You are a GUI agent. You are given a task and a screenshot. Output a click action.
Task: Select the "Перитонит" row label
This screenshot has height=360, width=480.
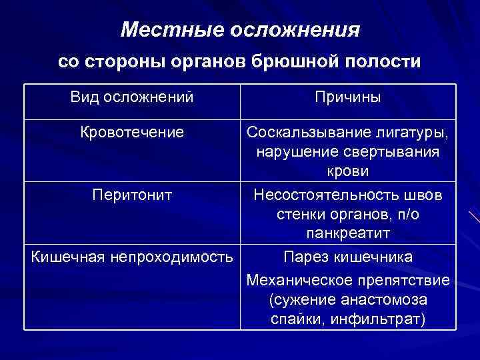pyautogui.click(x=132, y=195)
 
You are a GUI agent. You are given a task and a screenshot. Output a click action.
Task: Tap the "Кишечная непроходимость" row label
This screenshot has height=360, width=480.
pyautogui.click(x=132, y=257)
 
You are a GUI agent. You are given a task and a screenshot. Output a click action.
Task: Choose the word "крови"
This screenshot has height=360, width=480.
pyautogui.click(x=348, y=172)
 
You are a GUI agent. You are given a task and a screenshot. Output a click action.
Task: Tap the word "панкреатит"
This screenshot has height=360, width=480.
pyautogui.click(x=348, y=234)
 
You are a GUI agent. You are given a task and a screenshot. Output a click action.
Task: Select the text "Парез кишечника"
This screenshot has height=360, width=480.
pyautogui.click(x=348, y=257)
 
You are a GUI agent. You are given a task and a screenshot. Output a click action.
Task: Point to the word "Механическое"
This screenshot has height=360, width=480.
pyautogui.click(x=299, y=279)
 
